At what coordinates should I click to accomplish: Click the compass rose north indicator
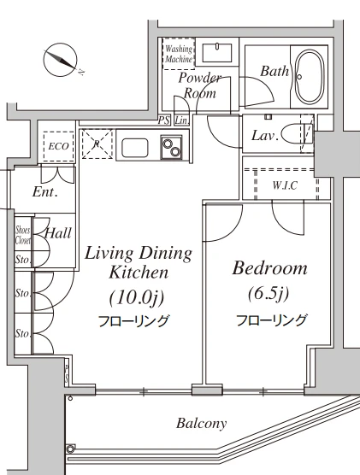[x=62, y=59]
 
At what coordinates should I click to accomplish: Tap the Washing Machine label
[x=179, y=54]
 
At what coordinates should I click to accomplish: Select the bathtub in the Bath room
[x=309, y=77]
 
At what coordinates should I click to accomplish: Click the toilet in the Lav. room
[x=296, y=135]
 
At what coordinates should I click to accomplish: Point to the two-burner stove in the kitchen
[x=172, y=147]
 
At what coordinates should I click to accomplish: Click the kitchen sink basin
[x=135, y=148]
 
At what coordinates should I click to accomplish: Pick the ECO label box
[x=58, y=147]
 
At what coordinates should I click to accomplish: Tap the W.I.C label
[x=285, y=185]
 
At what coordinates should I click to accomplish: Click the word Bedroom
[x=269, y=268]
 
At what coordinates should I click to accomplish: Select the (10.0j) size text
[x=137, y=297]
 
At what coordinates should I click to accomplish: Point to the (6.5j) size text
[x=269, y=293]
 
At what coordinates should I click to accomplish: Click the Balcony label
[x=202, y=424]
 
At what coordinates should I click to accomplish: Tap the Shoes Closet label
[x=23, y=235]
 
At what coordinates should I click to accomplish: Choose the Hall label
[x=58, y=233]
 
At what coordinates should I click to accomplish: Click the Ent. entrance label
[x=44, y=191]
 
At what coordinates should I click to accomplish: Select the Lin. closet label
[x=181, y=120]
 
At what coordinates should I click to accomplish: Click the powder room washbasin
[x=217, y=53]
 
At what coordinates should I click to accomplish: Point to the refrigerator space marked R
[x=97, y=144]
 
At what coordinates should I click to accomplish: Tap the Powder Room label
[x=200, y=85]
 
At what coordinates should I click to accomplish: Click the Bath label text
[x=274, y=71]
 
